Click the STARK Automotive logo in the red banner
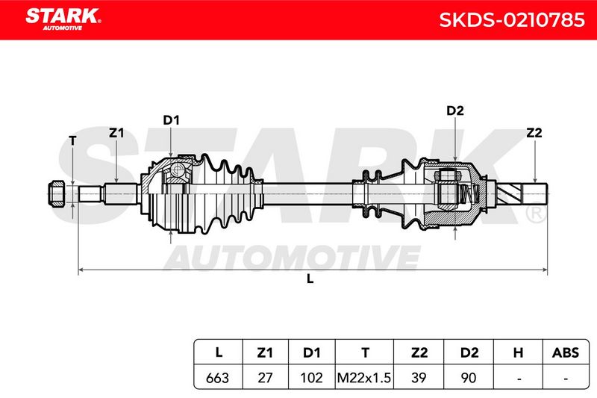[63, 19]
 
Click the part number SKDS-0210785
[512, 20]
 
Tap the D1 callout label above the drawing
[171, 120]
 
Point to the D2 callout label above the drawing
[455, 111]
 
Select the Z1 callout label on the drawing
[116, 133]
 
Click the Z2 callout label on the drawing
[534, 133]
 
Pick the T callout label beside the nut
[72, 140]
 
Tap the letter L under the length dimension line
[310, 279]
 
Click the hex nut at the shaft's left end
[57, 193]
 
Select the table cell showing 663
[218, 377]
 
